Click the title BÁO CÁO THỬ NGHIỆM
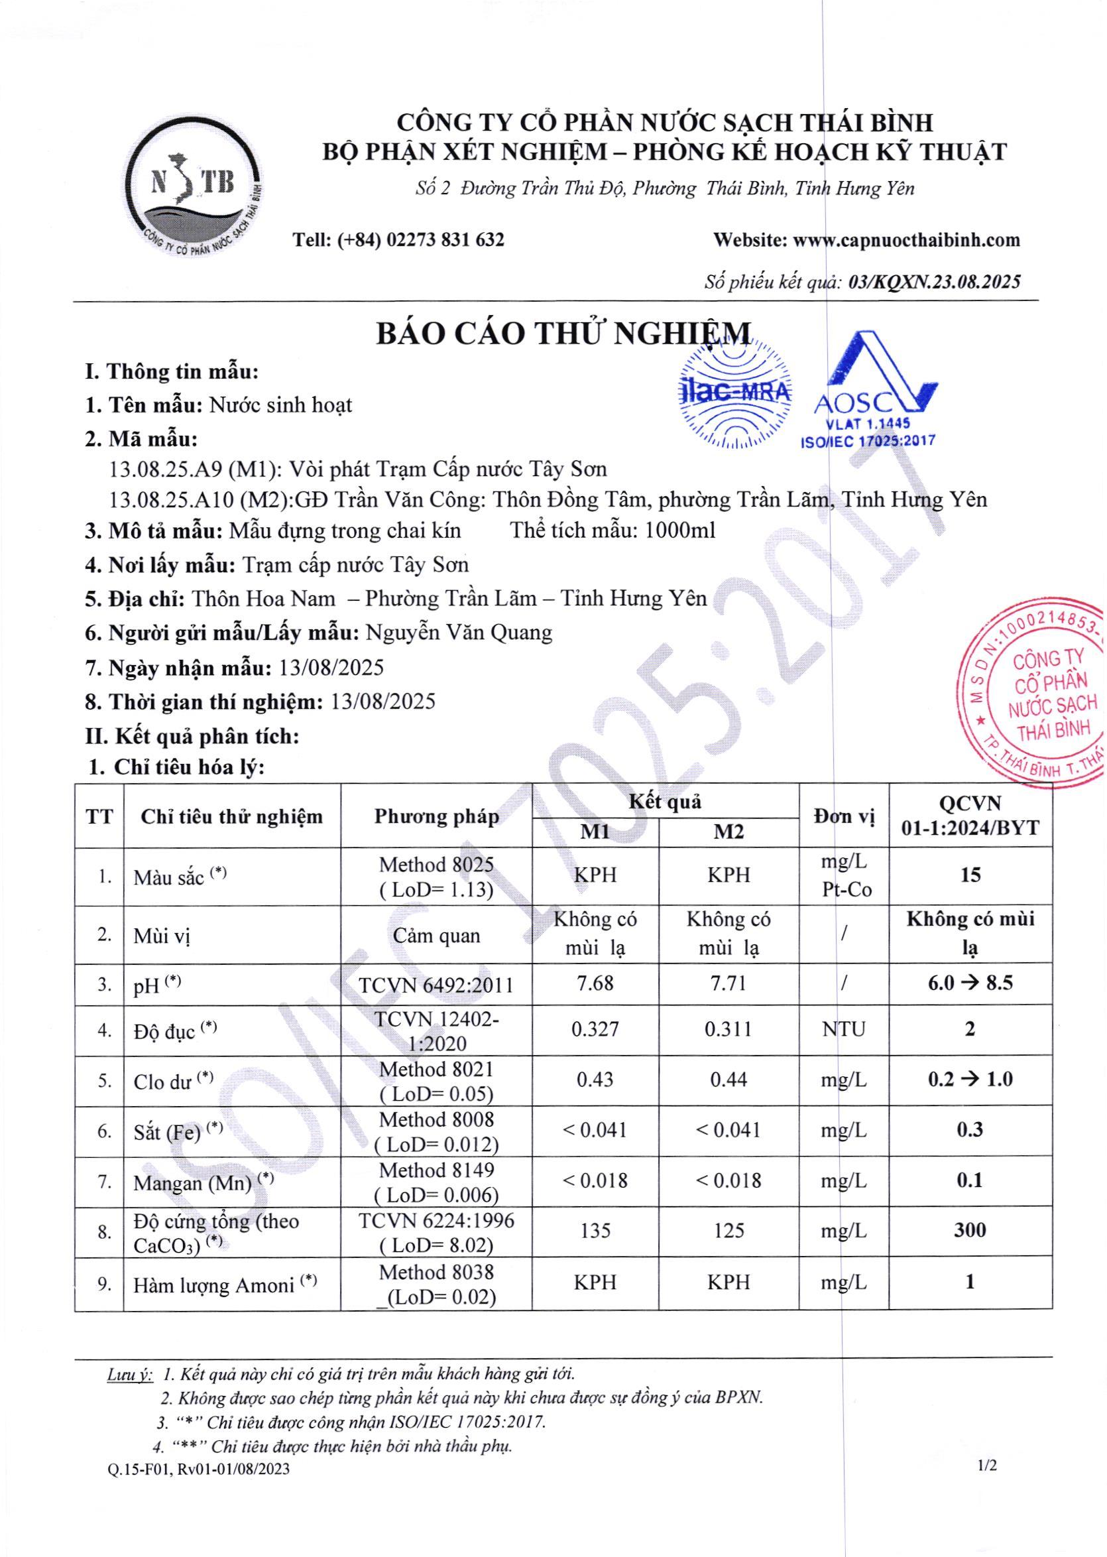tap(564, 334)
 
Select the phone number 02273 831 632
tap(445, 240)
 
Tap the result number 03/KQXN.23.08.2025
tap(934, 282)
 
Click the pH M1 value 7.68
tap(595, 983)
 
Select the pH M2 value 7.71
tap(728, 983)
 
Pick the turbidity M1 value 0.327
tap(595, 1028)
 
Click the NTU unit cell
tap(843, 1028)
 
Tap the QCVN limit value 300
tap(969, 1231)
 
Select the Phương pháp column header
tap(436, 816)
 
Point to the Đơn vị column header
tap(844, 816)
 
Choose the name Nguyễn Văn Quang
tap(459, 633)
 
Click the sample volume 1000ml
tap(679, 530)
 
